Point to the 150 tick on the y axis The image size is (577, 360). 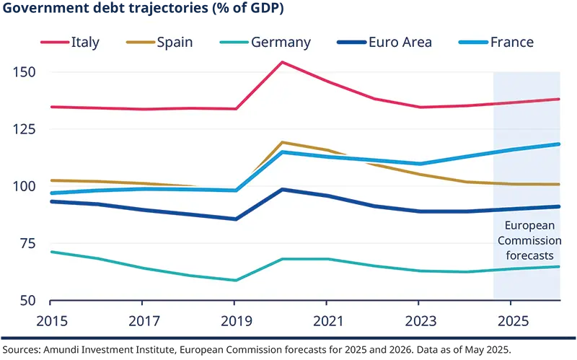tap(25, 73)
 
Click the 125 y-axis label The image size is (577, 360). tap(25, 130)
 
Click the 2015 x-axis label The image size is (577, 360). tap(50, 318)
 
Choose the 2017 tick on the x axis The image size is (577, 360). tap(142, 318)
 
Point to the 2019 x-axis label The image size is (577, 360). tap(234, 318)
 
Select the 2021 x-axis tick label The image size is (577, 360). tap(327, 318)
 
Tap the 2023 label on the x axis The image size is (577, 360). tap(419, 318)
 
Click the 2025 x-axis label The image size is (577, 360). tap(511, 318)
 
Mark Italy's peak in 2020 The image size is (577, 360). tap(282, 62)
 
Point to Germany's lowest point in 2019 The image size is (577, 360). tap(235, 280)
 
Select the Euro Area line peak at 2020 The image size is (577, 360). tap(282, 189)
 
